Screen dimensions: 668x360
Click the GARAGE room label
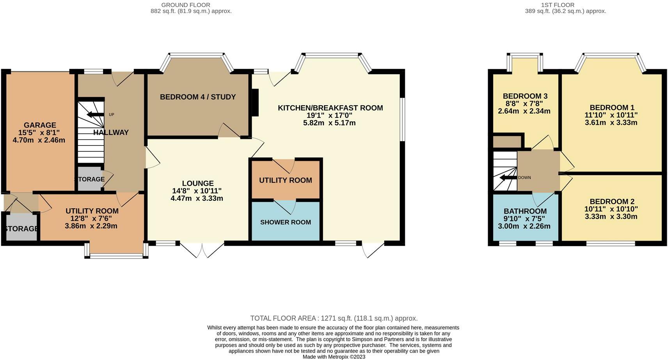pos(40,125)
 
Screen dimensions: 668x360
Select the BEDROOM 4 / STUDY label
pos(198,97)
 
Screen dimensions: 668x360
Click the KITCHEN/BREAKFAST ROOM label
pos(330,108)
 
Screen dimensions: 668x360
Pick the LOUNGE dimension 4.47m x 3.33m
pos(197,198)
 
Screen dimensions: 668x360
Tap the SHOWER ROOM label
pos(285,222)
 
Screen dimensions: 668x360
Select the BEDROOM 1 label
pos(612,108)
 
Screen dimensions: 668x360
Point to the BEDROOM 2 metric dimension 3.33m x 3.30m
pos(611,216)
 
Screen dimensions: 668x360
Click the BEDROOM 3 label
pos(525,96)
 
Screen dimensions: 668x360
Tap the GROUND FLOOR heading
pos(186,5)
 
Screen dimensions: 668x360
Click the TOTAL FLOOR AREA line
pos(334,318)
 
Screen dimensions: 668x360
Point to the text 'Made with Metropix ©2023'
pos(334,357)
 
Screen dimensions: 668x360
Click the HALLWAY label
pos(111,132)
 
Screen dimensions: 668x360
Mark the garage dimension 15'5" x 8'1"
pos(39,133)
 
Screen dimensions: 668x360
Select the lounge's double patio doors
pos(202,250)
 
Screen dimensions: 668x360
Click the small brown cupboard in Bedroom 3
pos(507,142)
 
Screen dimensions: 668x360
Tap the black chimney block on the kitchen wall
pos(255,103)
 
